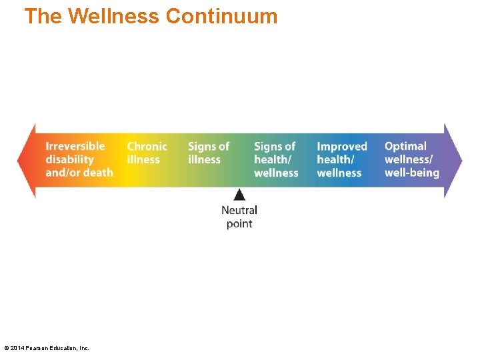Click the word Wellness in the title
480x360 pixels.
113,16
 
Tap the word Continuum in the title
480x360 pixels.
221,16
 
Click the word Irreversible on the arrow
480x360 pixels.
75,146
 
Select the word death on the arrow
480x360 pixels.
98,173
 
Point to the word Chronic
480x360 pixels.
147,146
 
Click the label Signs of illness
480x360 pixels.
208,153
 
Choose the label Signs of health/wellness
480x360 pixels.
275,159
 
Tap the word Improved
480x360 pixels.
342,146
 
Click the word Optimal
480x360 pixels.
405,146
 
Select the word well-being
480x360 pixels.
411,173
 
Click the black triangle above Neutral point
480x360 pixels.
239,195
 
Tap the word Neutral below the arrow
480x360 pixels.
239,210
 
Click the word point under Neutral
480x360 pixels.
239,224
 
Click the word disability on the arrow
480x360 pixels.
69,159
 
